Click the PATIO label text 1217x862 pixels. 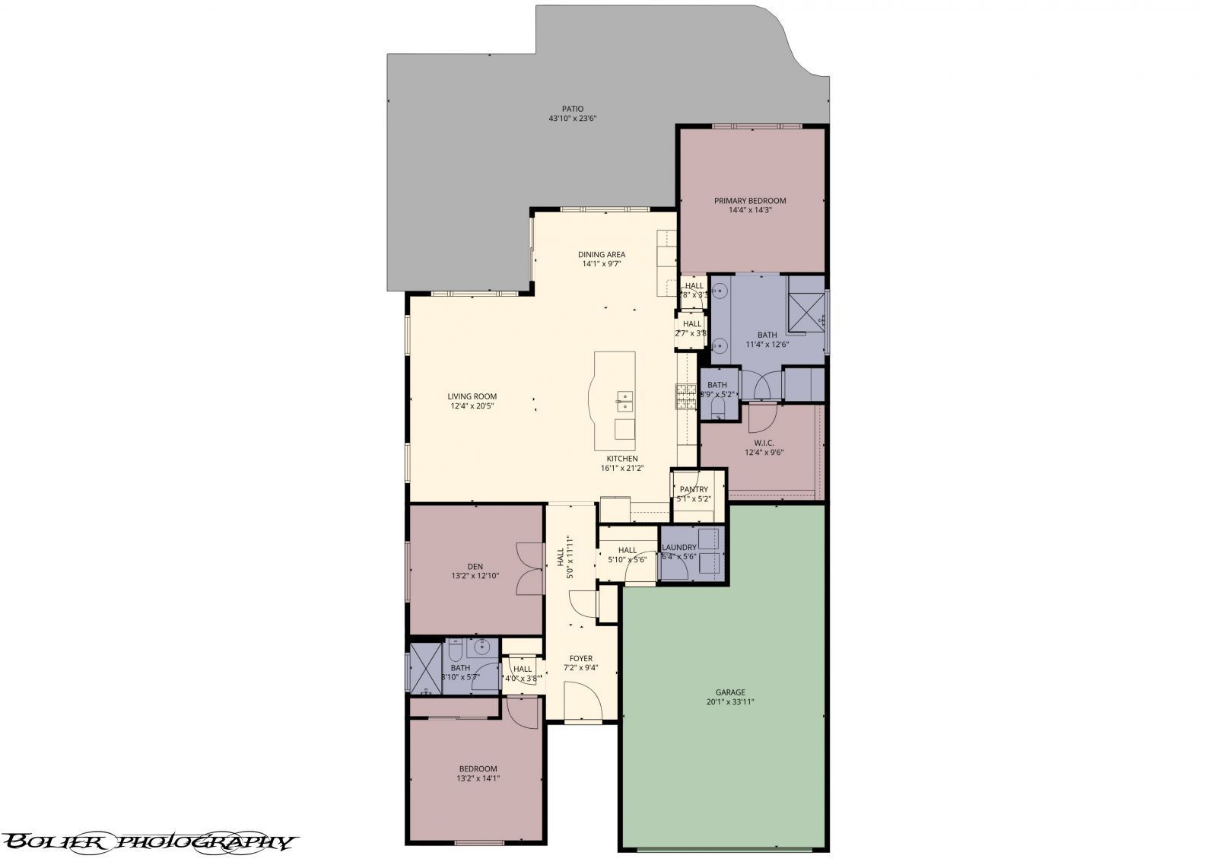[572, 109]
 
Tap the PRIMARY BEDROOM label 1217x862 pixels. [749, 201]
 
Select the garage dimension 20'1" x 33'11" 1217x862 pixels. [729, 702]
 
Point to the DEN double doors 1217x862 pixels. [529, 568]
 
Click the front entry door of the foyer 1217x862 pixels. [583, 701]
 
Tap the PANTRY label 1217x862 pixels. [693, 489]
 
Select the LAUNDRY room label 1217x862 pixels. [678, 547]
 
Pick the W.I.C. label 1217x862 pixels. [764, 442]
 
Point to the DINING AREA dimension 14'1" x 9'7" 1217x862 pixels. [602, 265]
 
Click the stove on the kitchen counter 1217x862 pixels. [685, 396]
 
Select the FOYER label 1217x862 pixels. [580, 658]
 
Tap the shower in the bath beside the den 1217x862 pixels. [421, 668]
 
